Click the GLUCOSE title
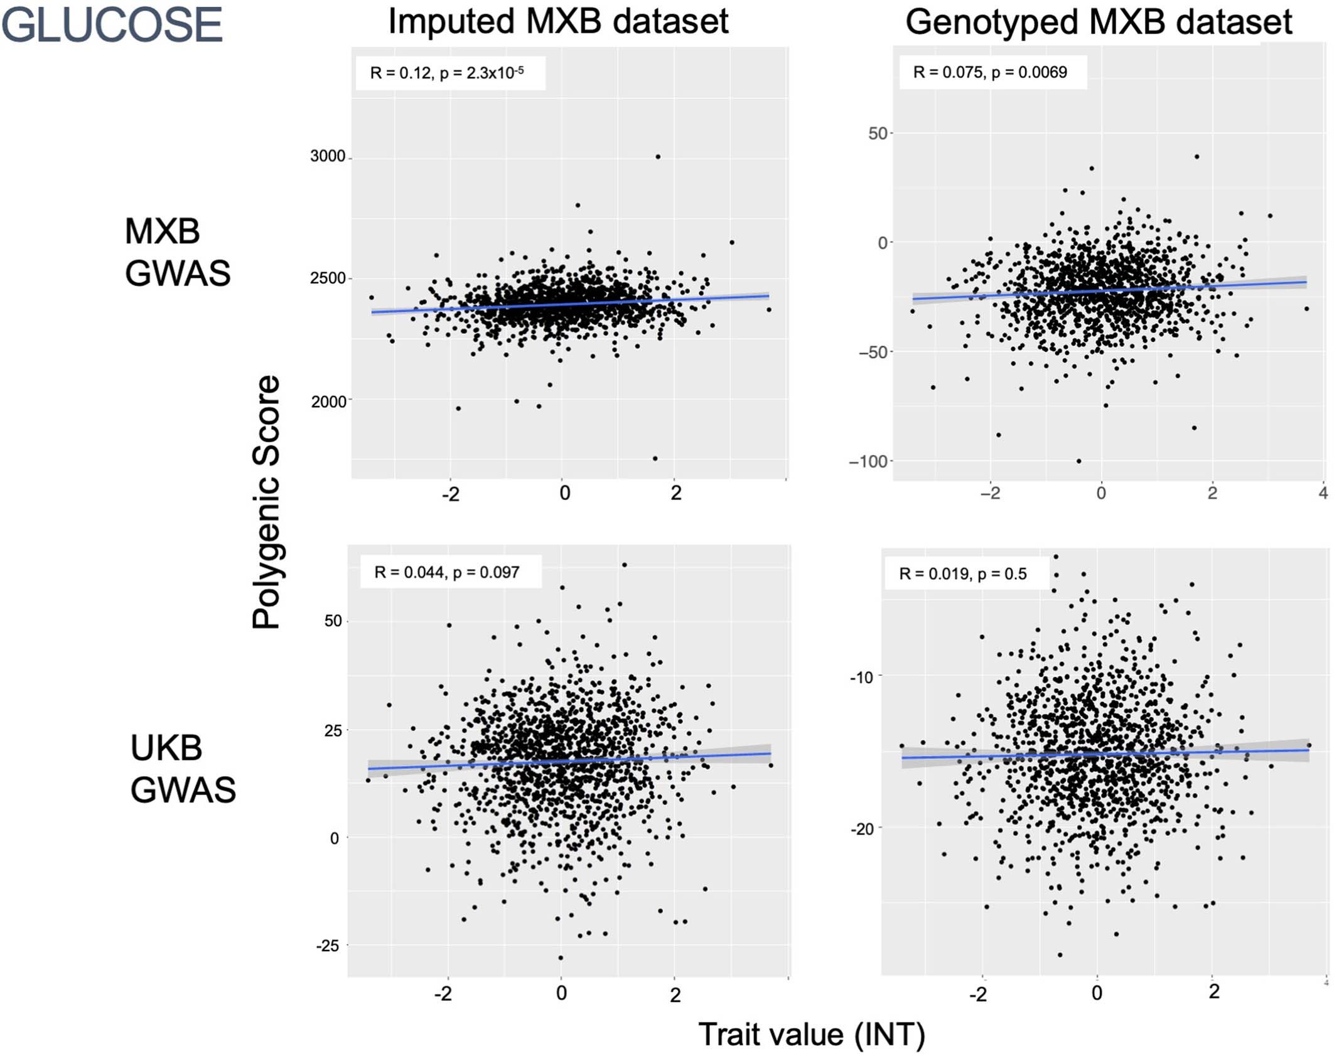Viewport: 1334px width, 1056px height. [112, 25]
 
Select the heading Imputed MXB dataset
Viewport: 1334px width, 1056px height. [558, 21]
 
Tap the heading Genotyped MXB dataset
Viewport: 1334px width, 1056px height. [1099, 22]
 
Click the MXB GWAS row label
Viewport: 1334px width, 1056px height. [177, 252]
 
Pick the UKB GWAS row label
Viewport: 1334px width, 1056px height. [182, 769]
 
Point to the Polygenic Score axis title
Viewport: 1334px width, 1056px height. [266, 502]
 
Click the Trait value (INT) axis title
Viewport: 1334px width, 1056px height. [812, 1034]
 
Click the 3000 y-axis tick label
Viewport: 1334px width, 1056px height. [328, 156]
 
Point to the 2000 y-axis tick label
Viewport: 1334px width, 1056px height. [328, 401]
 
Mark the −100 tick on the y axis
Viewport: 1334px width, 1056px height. [868, 462]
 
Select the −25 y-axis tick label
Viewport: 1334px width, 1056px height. [327, 946]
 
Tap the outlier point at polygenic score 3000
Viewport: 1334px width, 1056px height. [658, 157]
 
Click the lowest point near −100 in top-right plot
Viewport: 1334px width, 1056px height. [1079, 461]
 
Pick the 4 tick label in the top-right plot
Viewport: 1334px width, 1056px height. [1323, 493]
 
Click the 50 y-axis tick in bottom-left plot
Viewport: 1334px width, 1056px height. [333, 621]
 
